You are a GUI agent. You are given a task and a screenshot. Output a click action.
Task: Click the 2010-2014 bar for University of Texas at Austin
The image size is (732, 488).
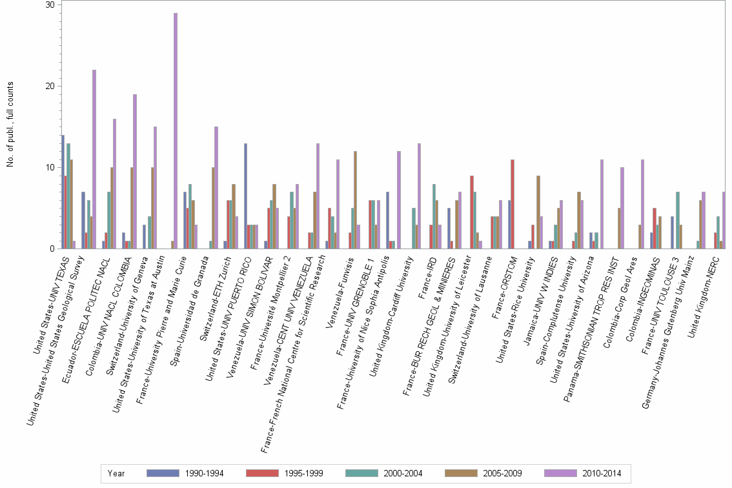(176, 131)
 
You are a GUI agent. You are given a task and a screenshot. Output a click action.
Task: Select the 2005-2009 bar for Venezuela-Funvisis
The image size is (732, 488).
(355, 200)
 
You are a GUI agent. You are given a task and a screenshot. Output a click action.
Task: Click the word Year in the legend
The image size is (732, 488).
(116, 474)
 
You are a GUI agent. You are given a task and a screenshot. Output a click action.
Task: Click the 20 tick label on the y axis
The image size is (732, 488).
(49, 86)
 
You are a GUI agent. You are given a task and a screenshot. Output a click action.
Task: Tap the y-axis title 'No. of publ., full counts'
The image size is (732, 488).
(10, 125)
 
